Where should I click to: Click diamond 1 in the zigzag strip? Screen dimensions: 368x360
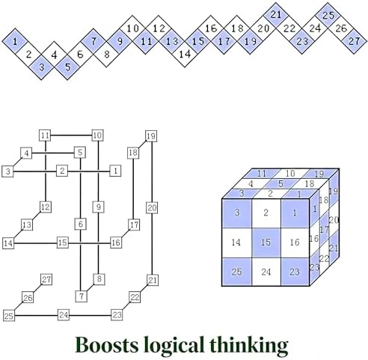point(16,41)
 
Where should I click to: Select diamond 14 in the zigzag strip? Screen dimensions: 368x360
point(185,54)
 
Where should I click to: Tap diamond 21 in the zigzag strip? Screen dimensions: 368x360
point(276,15)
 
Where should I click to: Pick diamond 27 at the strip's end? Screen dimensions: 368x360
point(354,41)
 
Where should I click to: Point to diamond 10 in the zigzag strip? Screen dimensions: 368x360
point(132,28)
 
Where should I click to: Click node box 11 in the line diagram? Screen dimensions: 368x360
point(45,135)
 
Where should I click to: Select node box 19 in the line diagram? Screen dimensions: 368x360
point(151,136)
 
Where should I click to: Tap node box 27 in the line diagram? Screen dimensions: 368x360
point(46,279)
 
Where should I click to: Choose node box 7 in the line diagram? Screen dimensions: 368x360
point(82,296)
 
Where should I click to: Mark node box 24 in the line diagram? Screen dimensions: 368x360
point(64,315)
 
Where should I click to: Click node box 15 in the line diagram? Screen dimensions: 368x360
point(63,242)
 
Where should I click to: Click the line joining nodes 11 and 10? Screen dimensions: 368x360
point(71,135)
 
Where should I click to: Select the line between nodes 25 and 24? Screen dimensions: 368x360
point(37,315)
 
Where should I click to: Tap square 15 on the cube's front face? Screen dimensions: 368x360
point(266,242)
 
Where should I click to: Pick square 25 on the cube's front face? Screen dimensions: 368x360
point(237,272)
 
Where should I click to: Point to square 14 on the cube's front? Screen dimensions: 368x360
point(237,242)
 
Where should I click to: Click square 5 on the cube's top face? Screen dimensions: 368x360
point(280,184)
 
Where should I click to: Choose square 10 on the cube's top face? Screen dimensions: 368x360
point(290,174)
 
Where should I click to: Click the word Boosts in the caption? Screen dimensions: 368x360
point(107,345)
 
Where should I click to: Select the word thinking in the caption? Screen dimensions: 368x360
point(249,347)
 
